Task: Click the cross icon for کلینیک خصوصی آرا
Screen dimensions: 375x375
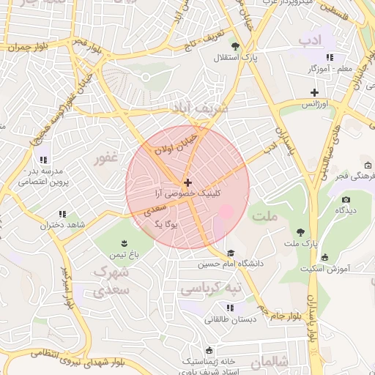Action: click(x=188, y=182)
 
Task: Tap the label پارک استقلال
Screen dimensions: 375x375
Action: click(x=236, y=57)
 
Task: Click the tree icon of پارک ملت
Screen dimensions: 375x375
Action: click(x=299, y=231)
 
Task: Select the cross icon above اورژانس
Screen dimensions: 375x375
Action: click(x=314, y=92)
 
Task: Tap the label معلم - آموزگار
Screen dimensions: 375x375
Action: click(x=330, y=68)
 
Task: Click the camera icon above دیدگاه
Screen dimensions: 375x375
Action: click(x=346, y=199)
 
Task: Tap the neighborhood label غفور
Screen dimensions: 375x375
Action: click(x=105, y=158)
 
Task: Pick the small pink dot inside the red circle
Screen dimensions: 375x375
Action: click(x=226, y=212)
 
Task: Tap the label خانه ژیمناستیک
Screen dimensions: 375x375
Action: click(x=209, y=361)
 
